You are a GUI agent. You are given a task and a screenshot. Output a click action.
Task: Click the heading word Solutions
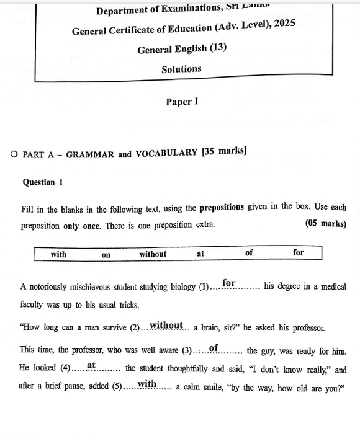pos(181,69)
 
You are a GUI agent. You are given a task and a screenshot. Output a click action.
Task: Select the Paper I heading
pos(182,102)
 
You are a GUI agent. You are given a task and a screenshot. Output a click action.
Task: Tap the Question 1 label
pos(43,182)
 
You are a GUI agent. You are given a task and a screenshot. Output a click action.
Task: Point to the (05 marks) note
pos(326,224)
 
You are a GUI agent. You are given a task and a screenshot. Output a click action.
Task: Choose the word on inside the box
pos(106,254)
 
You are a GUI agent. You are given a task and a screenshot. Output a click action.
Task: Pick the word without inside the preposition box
pos(153,254)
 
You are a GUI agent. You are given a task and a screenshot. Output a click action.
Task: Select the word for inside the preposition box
pos(299,252)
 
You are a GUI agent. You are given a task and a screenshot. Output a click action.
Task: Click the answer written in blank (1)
pos(229,283)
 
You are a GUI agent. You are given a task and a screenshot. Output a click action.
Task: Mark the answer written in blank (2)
pos(166,325)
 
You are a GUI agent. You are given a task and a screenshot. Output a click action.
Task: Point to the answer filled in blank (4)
pos(91,365)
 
